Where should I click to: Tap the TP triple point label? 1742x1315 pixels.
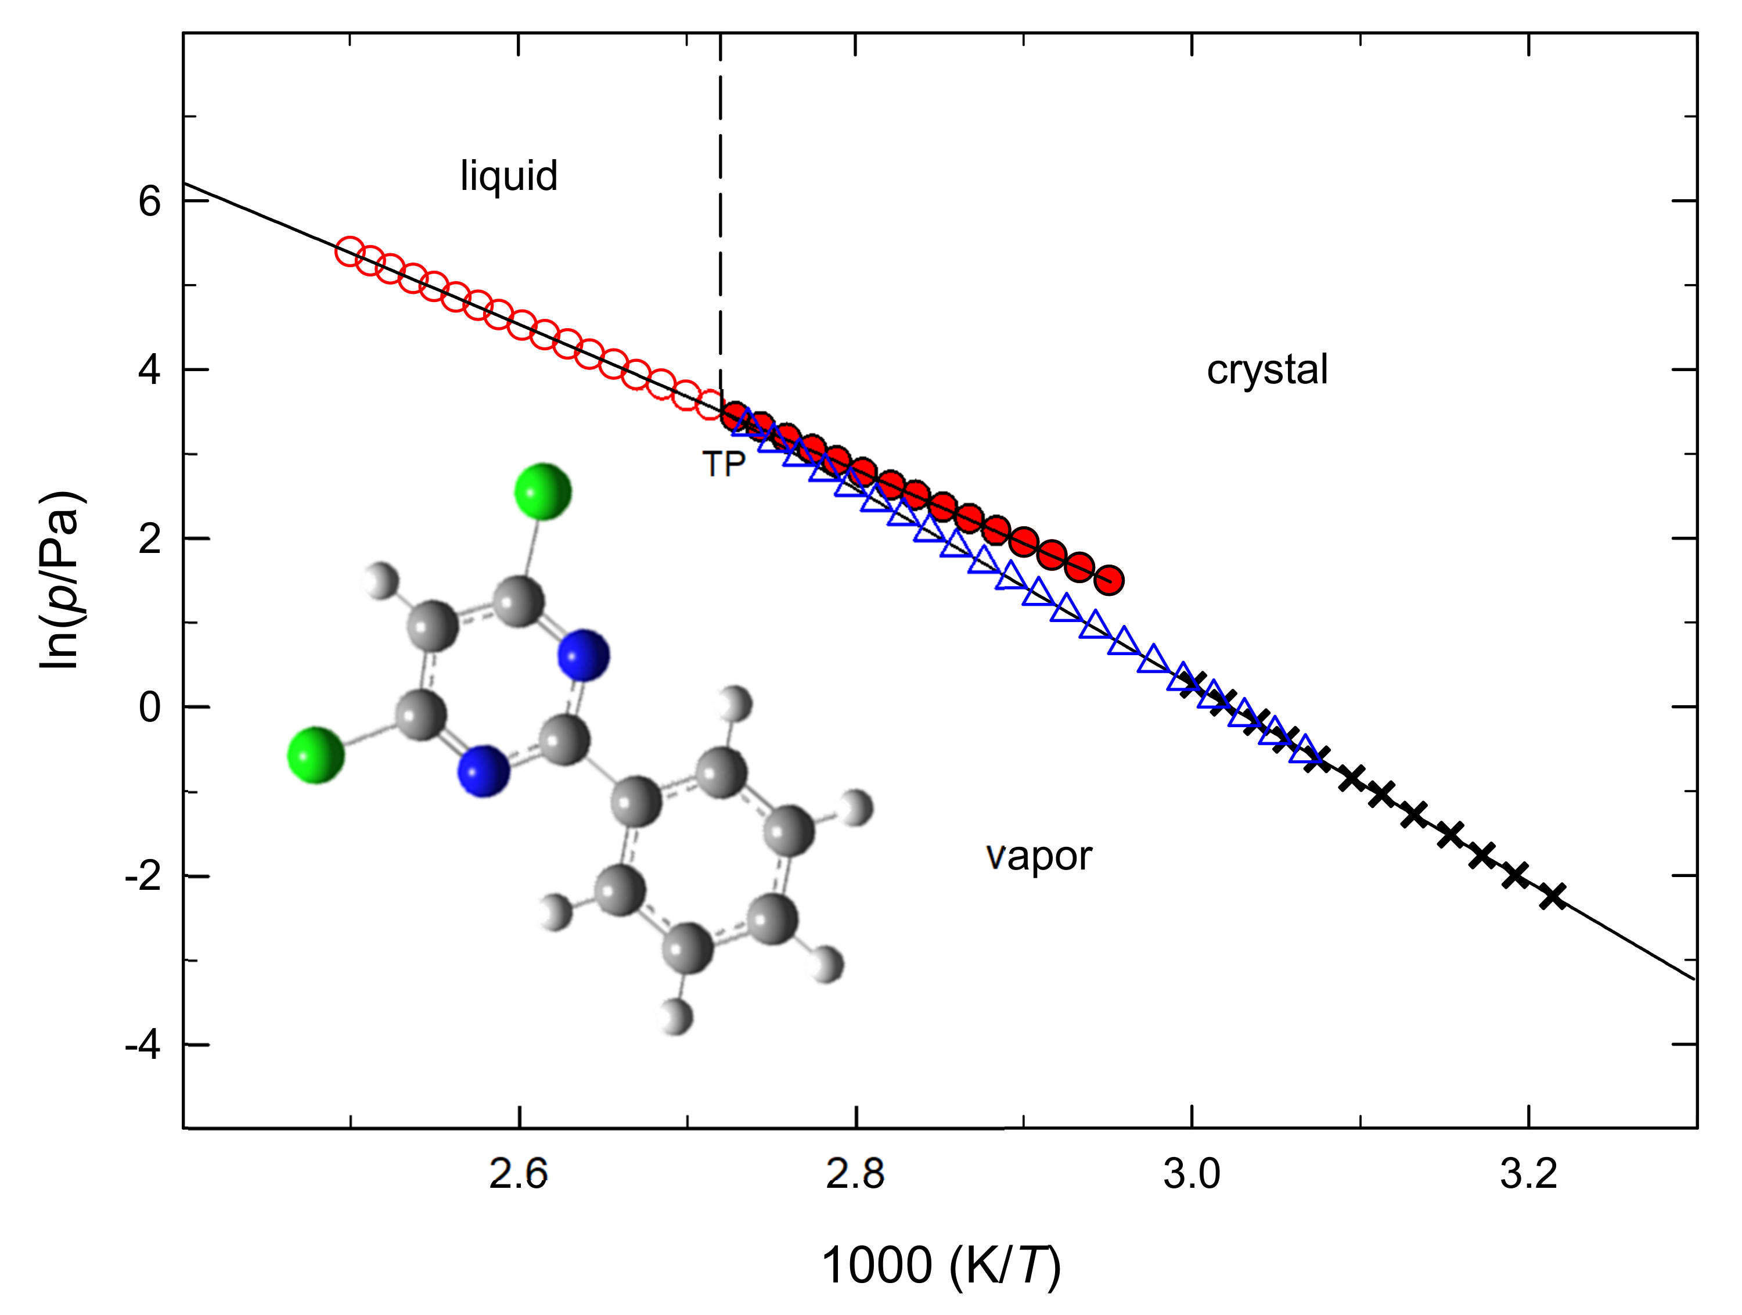[x=723, y=465]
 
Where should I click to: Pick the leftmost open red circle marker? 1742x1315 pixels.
[x=349, y=251]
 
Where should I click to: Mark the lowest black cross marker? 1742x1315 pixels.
[x=1552, y=896]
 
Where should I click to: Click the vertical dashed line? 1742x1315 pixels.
[x=720, y=236]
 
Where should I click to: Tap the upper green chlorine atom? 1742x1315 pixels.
[x=542, y=491]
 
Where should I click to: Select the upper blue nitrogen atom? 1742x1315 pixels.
[x=584, y=655]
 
